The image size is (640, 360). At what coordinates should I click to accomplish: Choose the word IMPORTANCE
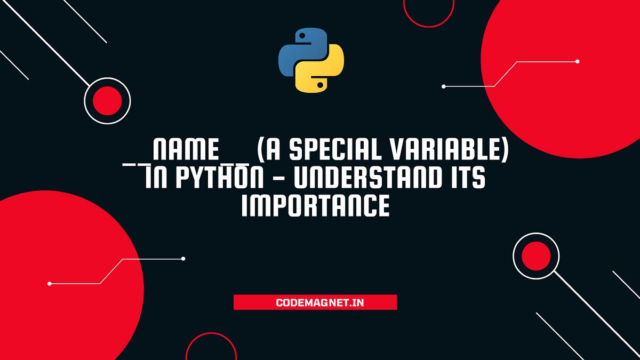(x=315, y=206)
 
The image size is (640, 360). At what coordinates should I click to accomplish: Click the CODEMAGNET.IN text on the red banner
(x=315, y=302)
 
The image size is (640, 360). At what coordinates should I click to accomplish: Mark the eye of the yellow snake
(x=320, y=84)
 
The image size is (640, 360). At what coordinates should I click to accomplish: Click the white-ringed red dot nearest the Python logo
(x=107, y=101)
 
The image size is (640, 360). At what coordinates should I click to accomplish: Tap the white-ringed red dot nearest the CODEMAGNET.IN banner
(x=535, y=256)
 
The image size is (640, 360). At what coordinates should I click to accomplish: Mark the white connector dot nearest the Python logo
(x=444, y=86)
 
